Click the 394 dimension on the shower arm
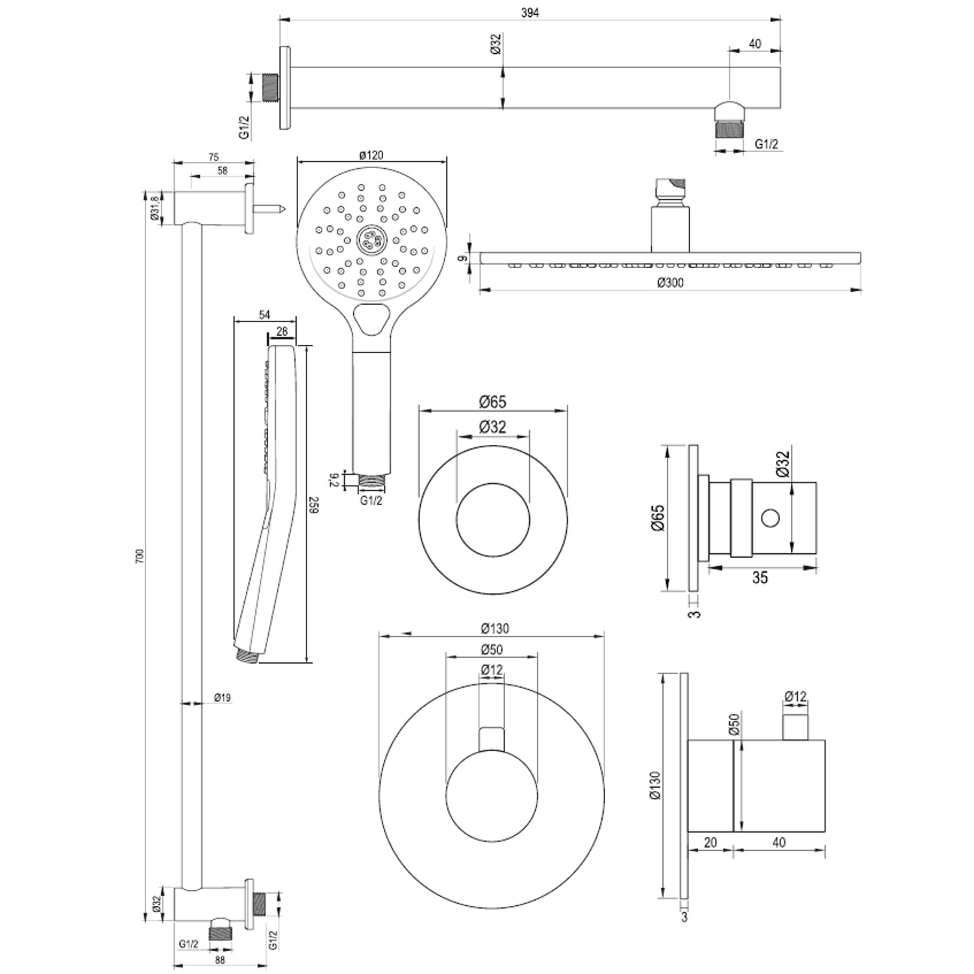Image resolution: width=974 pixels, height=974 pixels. [530, 12]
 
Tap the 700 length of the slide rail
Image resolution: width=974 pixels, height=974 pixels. [138, 555]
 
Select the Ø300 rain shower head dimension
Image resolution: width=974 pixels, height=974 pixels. [670, 282]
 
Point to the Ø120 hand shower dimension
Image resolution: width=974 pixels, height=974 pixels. [371, 155]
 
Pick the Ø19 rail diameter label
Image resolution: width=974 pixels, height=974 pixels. [222, 698]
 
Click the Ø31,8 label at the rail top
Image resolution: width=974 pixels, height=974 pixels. [155, 208]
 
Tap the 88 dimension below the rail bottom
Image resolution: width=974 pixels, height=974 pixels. [219, 960]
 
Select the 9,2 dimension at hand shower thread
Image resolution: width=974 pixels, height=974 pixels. [333, 480]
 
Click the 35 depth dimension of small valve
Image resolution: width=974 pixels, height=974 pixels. [760, 577]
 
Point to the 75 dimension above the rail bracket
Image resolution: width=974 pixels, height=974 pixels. [213, 156]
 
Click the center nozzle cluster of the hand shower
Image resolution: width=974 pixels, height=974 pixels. [371, 239]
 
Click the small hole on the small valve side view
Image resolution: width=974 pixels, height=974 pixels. [770, 518]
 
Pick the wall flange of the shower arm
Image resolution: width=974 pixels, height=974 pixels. [285, 87]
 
